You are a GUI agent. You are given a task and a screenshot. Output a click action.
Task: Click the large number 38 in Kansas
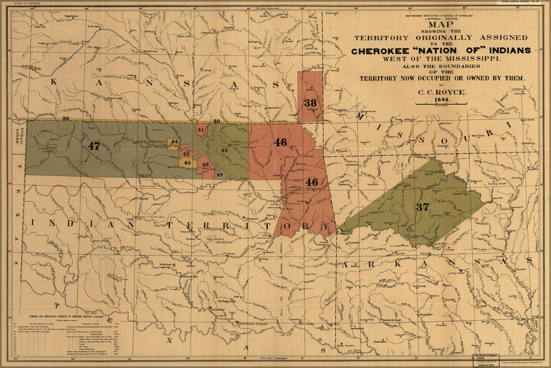pos(310,103)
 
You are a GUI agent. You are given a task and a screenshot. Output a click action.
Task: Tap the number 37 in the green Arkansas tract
pos(422,207)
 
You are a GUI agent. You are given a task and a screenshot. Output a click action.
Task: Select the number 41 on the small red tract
pos(201,130)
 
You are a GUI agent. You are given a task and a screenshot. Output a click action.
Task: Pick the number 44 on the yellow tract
pos(174,142)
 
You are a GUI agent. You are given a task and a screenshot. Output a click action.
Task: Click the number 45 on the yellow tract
pos(187,163)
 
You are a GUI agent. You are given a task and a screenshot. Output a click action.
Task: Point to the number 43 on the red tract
pos(186,154)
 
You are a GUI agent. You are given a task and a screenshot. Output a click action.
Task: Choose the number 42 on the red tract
pos(205,164)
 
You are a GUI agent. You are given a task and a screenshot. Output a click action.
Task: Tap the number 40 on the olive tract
pos(224,150)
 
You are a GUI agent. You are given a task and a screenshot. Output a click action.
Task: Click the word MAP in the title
pos(441,25)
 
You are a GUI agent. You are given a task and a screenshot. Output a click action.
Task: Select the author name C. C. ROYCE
pos(441,92)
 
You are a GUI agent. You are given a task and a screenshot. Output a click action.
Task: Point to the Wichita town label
pos(180,75)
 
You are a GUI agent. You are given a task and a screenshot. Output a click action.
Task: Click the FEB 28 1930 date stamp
pos(486,362)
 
